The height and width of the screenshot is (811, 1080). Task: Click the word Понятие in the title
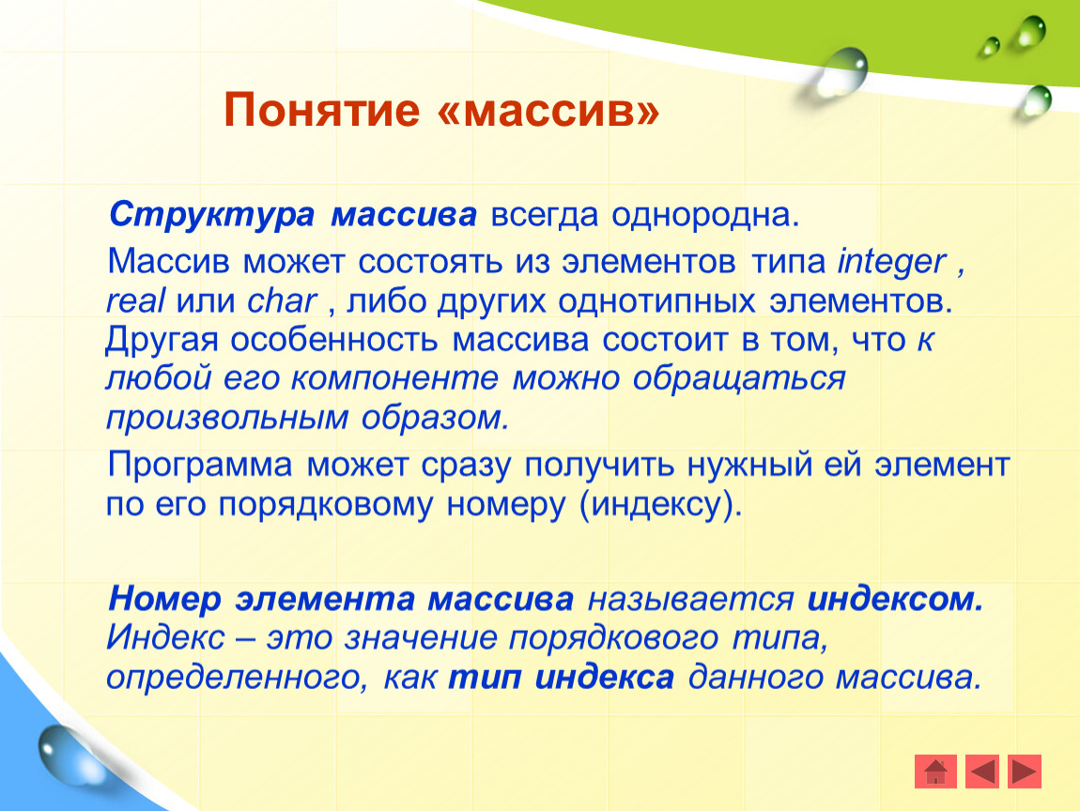click(x=322, y=110)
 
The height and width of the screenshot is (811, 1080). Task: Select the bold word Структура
click(x=211, y=215)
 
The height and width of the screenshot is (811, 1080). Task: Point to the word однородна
click(x=705, y=216)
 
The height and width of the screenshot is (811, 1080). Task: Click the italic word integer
click(x=892, y=263)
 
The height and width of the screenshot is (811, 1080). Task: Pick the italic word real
click(x=135, y=301)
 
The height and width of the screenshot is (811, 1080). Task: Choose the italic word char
click(x=282, y=301)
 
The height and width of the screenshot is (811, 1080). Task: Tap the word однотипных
click(x=656, y=301)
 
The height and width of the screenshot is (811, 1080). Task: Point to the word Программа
click(x=200, y=467)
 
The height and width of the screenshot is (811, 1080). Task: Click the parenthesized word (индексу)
click(x=661, y=506)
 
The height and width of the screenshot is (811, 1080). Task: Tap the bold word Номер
click(x=164, y=599)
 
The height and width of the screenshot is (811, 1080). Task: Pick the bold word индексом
click(x=895, y=599)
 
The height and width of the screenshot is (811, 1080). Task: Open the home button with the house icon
click(x=935, y=771)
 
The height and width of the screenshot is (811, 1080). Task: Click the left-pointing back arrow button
click(x=982, y=771)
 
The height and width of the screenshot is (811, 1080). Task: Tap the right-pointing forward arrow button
click(x=1025, y=771)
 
